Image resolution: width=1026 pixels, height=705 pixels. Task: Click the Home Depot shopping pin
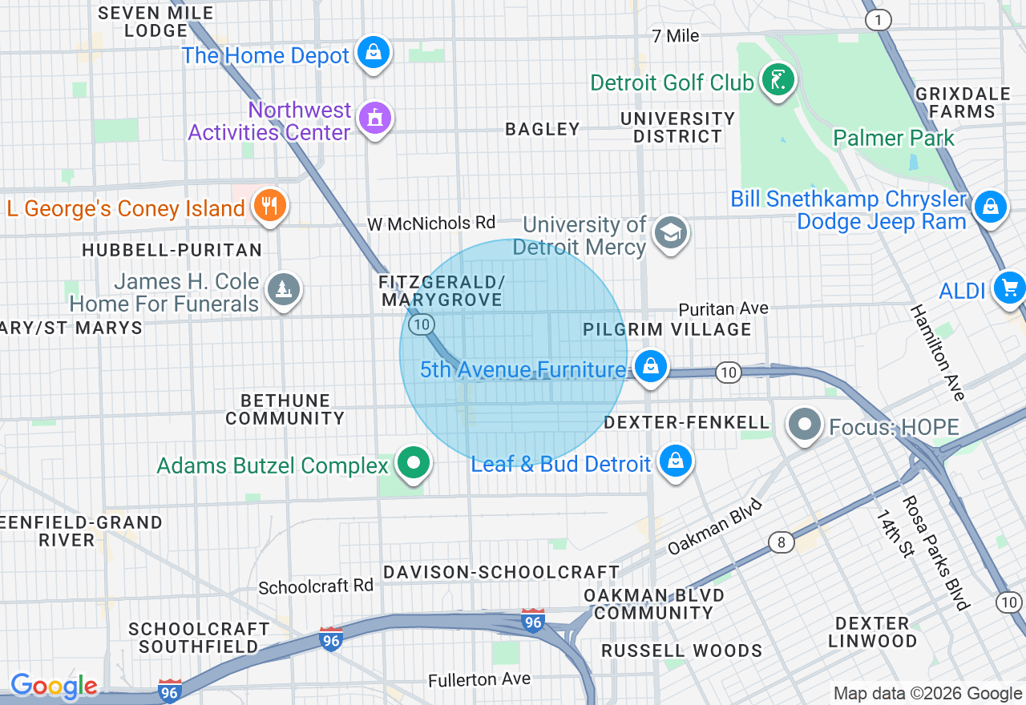pyautogui.click(x=373, y=54)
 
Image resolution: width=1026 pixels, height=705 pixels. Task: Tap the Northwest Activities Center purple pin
pyautogui.click(x=374, y=119)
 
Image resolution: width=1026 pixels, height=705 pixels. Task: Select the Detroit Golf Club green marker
pyautogui.click(x=777, y=80)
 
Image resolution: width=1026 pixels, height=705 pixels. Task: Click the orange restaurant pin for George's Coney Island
pyautogui.click(x=269, y=207)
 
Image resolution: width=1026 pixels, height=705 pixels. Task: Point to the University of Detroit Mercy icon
pyautogui.click(x=669, y=233)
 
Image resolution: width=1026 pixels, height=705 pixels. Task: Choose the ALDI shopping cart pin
pyautogui.click(x=1008, y=288)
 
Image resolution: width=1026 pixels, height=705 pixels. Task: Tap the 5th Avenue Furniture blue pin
pyautogui.click(x=650, y=367)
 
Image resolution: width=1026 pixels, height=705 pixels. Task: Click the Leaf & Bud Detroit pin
pyautogui.click(x=676, y=461)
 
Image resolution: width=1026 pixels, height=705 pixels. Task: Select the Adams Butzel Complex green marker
pyautogui.click(x=414, y=463)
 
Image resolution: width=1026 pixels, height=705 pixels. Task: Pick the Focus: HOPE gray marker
pyautogui.click(x=806, y=425)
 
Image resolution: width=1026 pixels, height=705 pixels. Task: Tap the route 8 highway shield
pyautogui.click(x=781, y=542)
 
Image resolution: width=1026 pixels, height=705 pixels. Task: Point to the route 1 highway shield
pyautogui.click(x=879, y=20)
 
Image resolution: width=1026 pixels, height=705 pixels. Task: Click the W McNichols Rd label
pyautogui.click(x=431, y=223)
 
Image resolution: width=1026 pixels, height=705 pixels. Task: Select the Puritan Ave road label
pyautogui.click(x=723, y=308)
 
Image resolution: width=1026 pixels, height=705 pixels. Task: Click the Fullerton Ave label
pyautogui.click(x=479, y=679)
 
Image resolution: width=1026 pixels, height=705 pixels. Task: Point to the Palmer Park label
pyautogui.click(x=894, y=138)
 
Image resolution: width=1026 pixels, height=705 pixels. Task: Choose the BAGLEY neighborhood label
pyautogui.click(x=543, y=129)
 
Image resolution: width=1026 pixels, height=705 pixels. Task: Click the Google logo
pyautogui.click(x=54, y=687)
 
